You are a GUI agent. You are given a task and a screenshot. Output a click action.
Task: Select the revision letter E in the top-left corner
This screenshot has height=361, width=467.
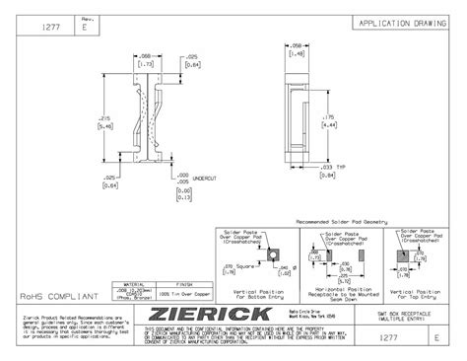(x=84, y=30)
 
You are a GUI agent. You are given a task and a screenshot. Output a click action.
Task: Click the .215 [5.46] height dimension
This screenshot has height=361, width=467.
(x=105, y=123)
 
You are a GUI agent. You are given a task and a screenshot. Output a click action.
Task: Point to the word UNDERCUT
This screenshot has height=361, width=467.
(x=205, y=179)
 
